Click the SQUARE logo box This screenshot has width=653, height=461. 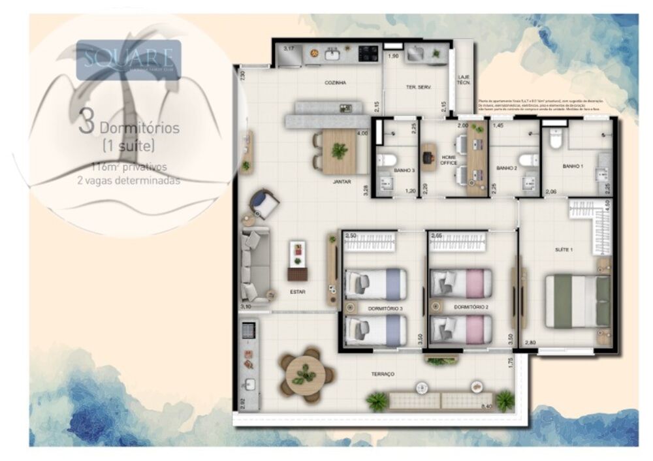click(128, 59)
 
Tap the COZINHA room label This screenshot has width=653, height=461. click(335, 83)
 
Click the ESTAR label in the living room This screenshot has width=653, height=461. click(298, 292)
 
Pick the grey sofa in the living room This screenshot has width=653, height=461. click(255, 264)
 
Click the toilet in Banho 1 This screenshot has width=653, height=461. click(556, 139)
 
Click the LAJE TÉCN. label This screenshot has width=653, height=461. click(464, 80)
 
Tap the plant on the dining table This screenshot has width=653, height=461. click(339, 150)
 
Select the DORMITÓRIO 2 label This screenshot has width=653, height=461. click(471, 306)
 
